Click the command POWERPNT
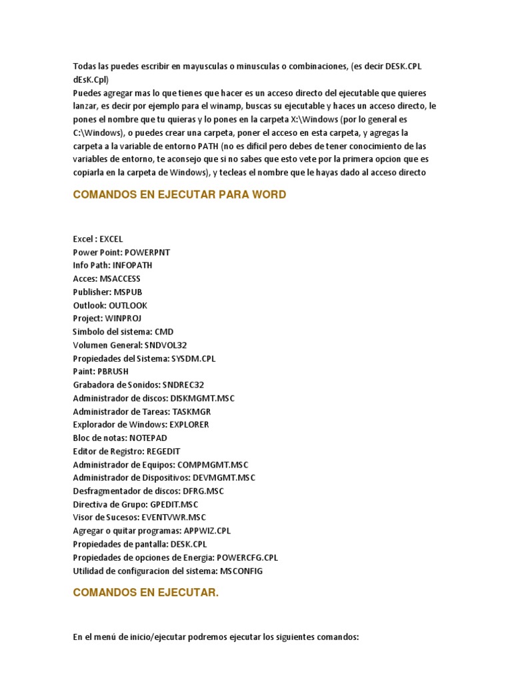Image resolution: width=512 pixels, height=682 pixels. click(x=147, y=252)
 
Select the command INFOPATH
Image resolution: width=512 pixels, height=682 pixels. click(x=132, y=265)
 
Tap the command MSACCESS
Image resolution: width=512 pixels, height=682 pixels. click(x=120, y=278)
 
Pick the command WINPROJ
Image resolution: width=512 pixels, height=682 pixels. click(x=123, y=318)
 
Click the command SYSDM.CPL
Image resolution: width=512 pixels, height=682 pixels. click(x=193, y=358)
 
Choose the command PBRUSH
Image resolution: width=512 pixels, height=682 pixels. click(x=113, y=372)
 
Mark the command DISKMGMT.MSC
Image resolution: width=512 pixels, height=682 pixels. click(x=203, y=398)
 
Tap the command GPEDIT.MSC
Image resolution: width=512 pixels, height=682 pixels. click(x=174, y=504)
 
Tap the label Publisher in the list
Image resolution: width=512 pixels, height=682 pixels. click(x=91, y=292)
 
